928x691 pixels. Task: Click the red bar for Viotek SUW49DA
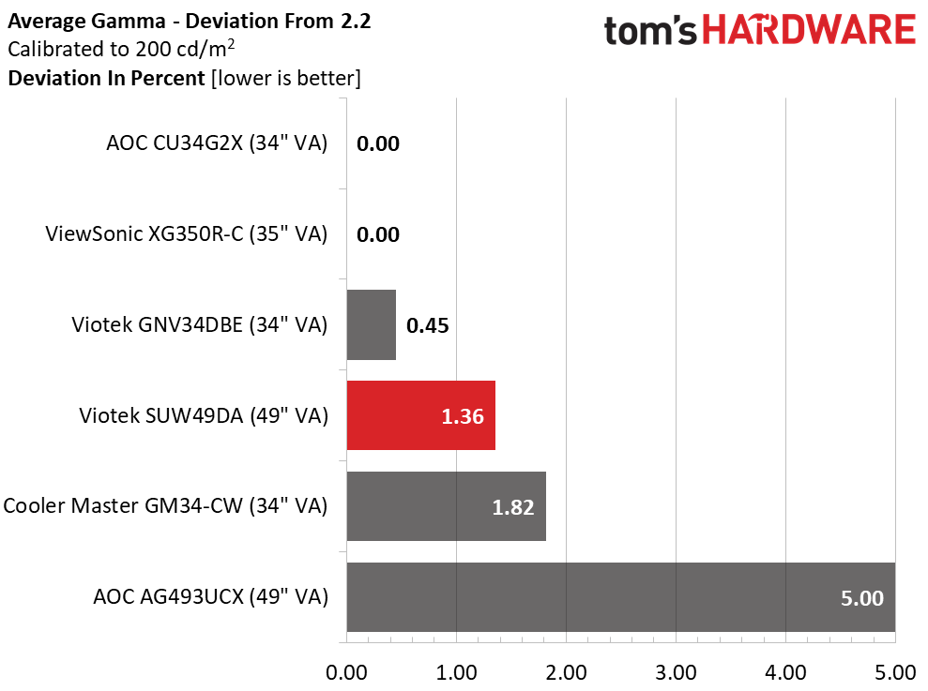(x=420, y=415)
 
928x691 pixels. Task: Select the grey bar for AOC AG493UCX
(x=620, y=597)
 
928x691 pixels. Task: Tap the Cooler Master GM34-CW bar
(x=446, y=506)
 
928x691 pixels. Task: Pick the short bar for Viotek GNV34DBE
(x=371, y=324)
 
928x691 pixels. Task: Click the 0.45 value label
(x=428, y=326)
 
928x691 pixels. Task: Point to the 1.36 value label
(x=463, y=416)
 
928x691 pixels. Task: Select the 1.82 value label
(x=512, y=507)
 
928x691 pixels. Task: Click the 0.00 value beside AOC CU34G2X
(x=378, y=143)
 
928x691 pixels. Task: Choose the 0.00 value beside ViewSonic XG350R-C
(x=378, y=234)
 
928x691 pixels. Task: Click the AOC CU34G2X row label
(x=217, y=143)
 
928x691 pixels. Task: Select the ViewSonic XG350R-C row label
(x=187, y=234)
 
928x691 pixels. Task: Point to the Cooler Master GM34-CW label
(x=165, y=506)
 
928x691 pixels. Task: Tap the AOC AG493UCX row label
(x=211, y=597)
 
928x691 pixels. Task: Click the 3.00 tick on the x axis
(x=676, y=672)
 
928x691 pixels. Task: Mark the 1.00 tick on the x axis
(x=456, y=672)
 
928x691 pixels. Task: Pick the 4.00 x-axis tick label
(x=785, y=672)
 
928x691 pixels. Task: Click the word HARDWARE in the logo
(x=810, y=31)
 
